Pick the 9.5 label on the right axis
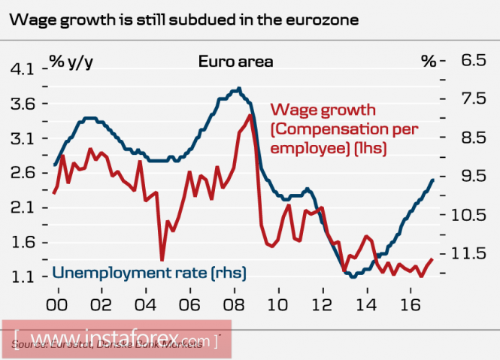click(473, 176)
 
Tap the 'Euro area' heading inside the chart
click(235, 61)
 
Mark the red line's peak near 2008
click(250, 115)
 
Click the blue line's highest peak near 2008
click(238, 89)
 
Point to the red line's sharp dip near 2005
click(162, 260)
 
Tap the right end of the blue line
click(433, 179)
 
